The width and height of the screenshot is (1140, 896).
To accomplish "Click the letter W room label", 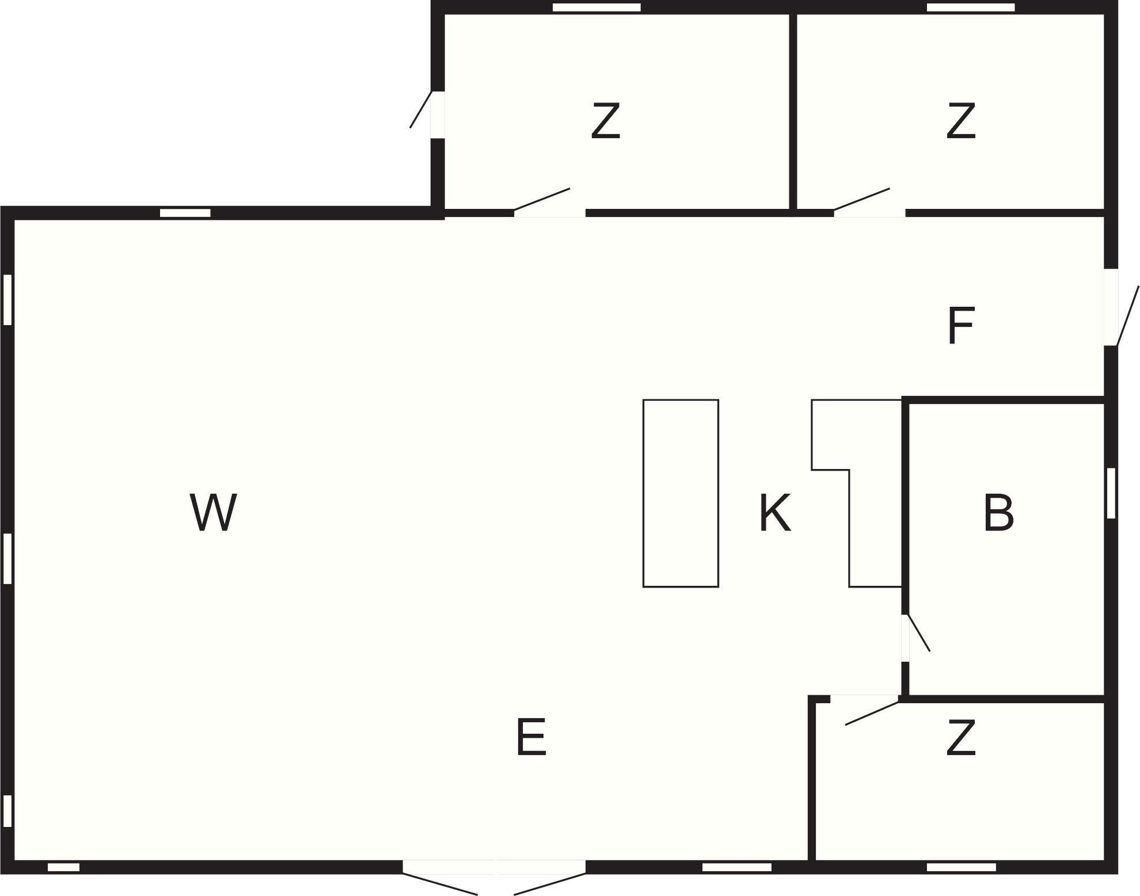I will tap(213, 512).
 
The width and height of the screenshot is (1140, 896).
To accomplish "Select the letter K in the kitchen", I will tap(774, 512).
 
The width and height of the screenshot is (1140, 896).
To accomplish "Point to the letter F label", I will tap(960, 326).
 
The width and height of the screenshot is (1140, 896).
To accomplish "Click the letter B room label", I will tap(998, 512).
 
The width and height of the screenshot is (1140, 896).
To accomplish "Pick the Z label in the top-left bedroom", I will tap(606, 121).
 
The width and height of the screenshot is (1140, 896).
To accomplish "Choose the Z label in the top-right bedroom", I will tap(961, 121).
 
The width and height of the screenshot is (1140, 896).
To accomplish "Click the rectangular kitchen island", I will tap(681, 493).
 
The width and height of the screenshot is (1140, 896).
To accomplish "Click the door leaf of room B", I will tap(919, 633).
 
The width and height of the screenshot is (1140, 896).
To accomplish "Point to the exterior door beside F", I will tap(1127, 316).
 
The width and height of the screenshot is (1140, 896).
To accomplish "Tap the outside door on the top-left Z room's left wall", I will tap(421, 109).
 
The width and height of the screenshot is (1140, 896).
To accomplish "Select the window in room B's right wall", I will tap(1111, 493).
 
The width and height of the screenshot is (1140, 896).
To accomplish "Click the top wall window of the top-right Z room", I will tap(970, 7).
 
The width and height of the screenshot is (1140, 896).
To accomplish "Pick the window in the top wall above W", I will tap(185, 213).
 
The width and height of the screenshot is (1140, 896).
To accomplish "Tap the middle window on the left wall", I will tap(7, 559).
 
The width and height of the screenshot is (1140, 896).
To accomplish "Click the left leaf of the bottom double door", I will tap(440, 884).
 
